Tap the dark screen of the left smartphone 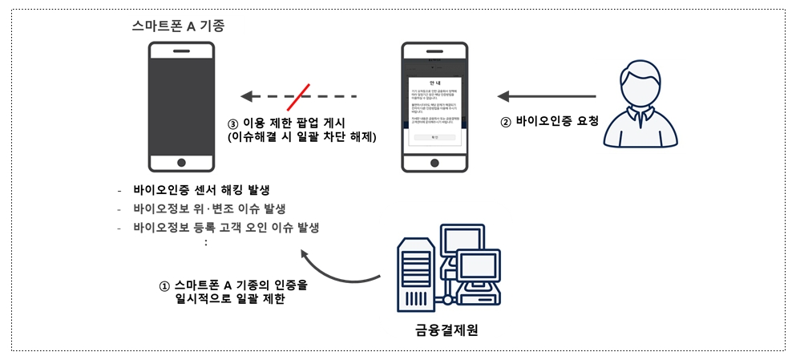(x=181, y=101)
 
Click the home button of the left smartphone (x=181, y=162)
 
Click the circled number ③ (x=233, y=124)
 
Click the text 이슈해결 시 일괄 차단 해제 (x=302, y=138)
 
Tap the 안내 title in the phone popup (x=435, y=83)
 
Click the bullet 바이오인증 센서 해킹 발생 (x=201, y=190)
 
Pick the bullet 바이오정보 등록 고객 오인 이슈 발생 (x=226, y=227)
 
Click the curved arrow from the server (x=337, y=273)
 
